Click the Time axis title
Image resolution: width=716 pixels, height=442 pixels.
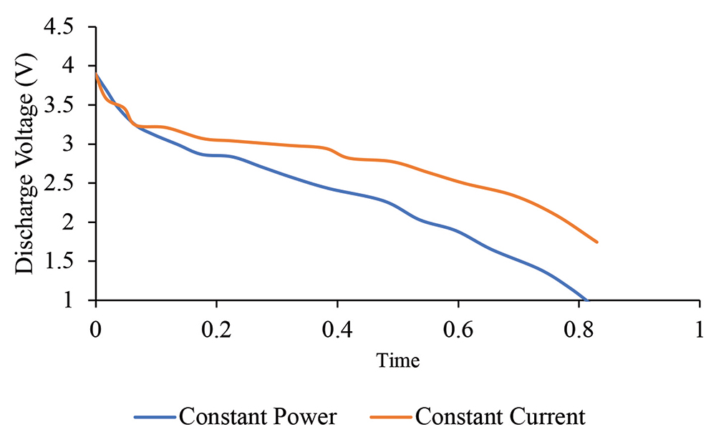pyautogui.click(x=398, y=360)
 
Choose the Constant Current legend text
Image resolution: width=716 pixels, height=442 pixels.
pyautogui.click(x=499, y=416)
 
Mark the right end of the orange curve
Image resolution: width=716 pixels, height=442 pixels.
pyautogui.click(x=596, y=242)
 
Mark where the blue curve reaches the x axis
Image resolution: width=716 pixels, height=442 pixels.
pyautogui.click(x=586, y=300)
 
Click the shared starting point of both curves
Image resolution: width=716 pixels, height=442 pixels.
pyautogui.click(x=96, y=74)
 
